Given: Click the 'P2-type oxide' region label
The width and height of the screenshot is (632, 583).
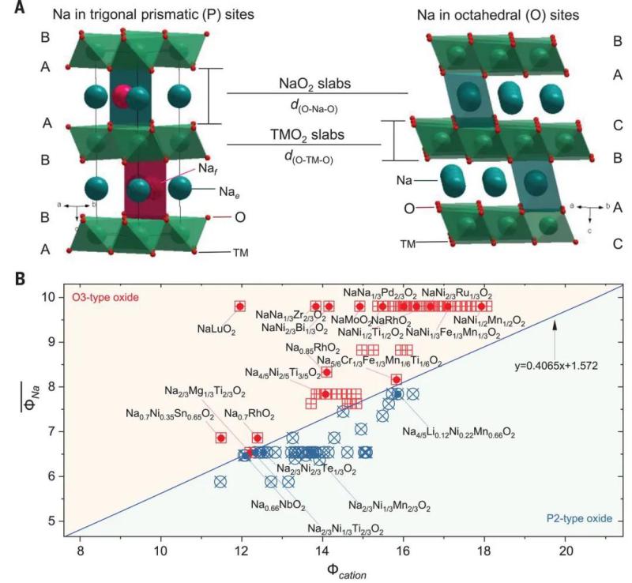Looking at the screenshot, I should pos(581,520).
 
